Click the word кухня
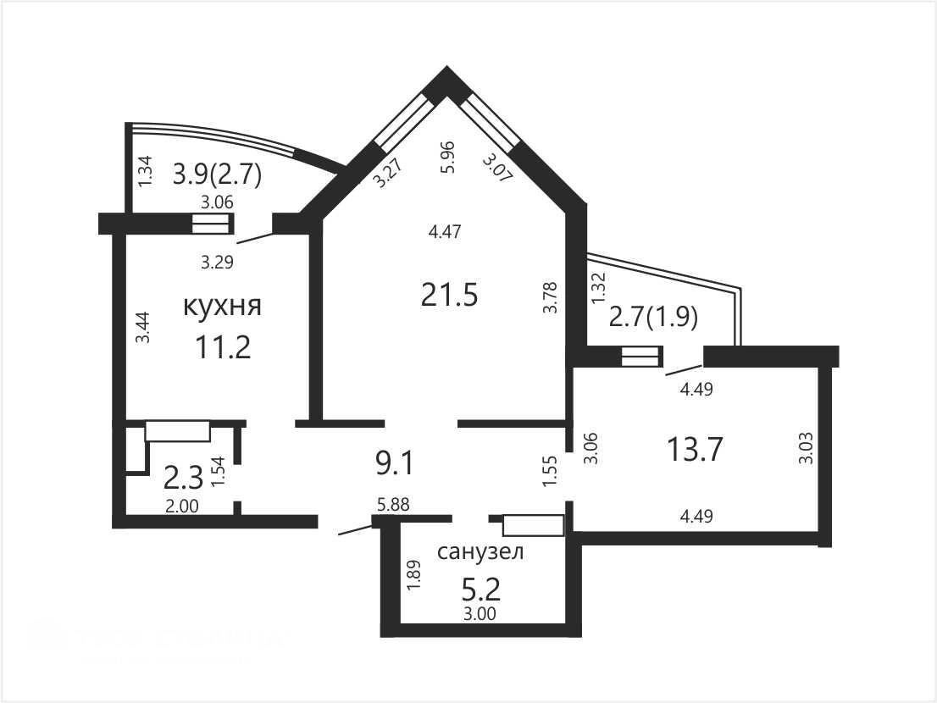click(x=222, y=307)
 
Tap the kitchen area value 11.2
click(x=223, y=347)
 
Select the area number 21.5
click(x=449, y=295)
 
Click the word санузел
click(x=480, y=551)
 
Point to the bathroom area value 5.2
click(x=481, y=590)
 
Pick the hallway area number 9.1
click(x=395, y=463)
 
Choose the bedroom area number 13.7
click(x=695, y=449)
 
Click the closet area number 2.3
click(x=184, y=478)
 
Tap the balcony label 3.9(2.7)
click(x=218, y=175)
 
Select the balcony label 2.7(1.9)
click(x=653, y=317)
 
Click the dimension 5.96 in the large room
click(x=447, y=157)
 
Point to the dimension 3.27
click(x=387, y=172)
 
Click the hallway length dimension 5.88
click(x=393, y=505)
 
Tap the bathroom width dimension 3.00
click(x=480, y=613)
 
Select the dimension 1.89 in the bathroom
click(x=414, y=576)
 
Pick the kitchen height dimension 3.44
click(x=143, y=327)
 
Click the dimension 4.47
click(x=445, y=231)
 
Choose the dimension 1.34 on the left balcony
click(x=145, y=171)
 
